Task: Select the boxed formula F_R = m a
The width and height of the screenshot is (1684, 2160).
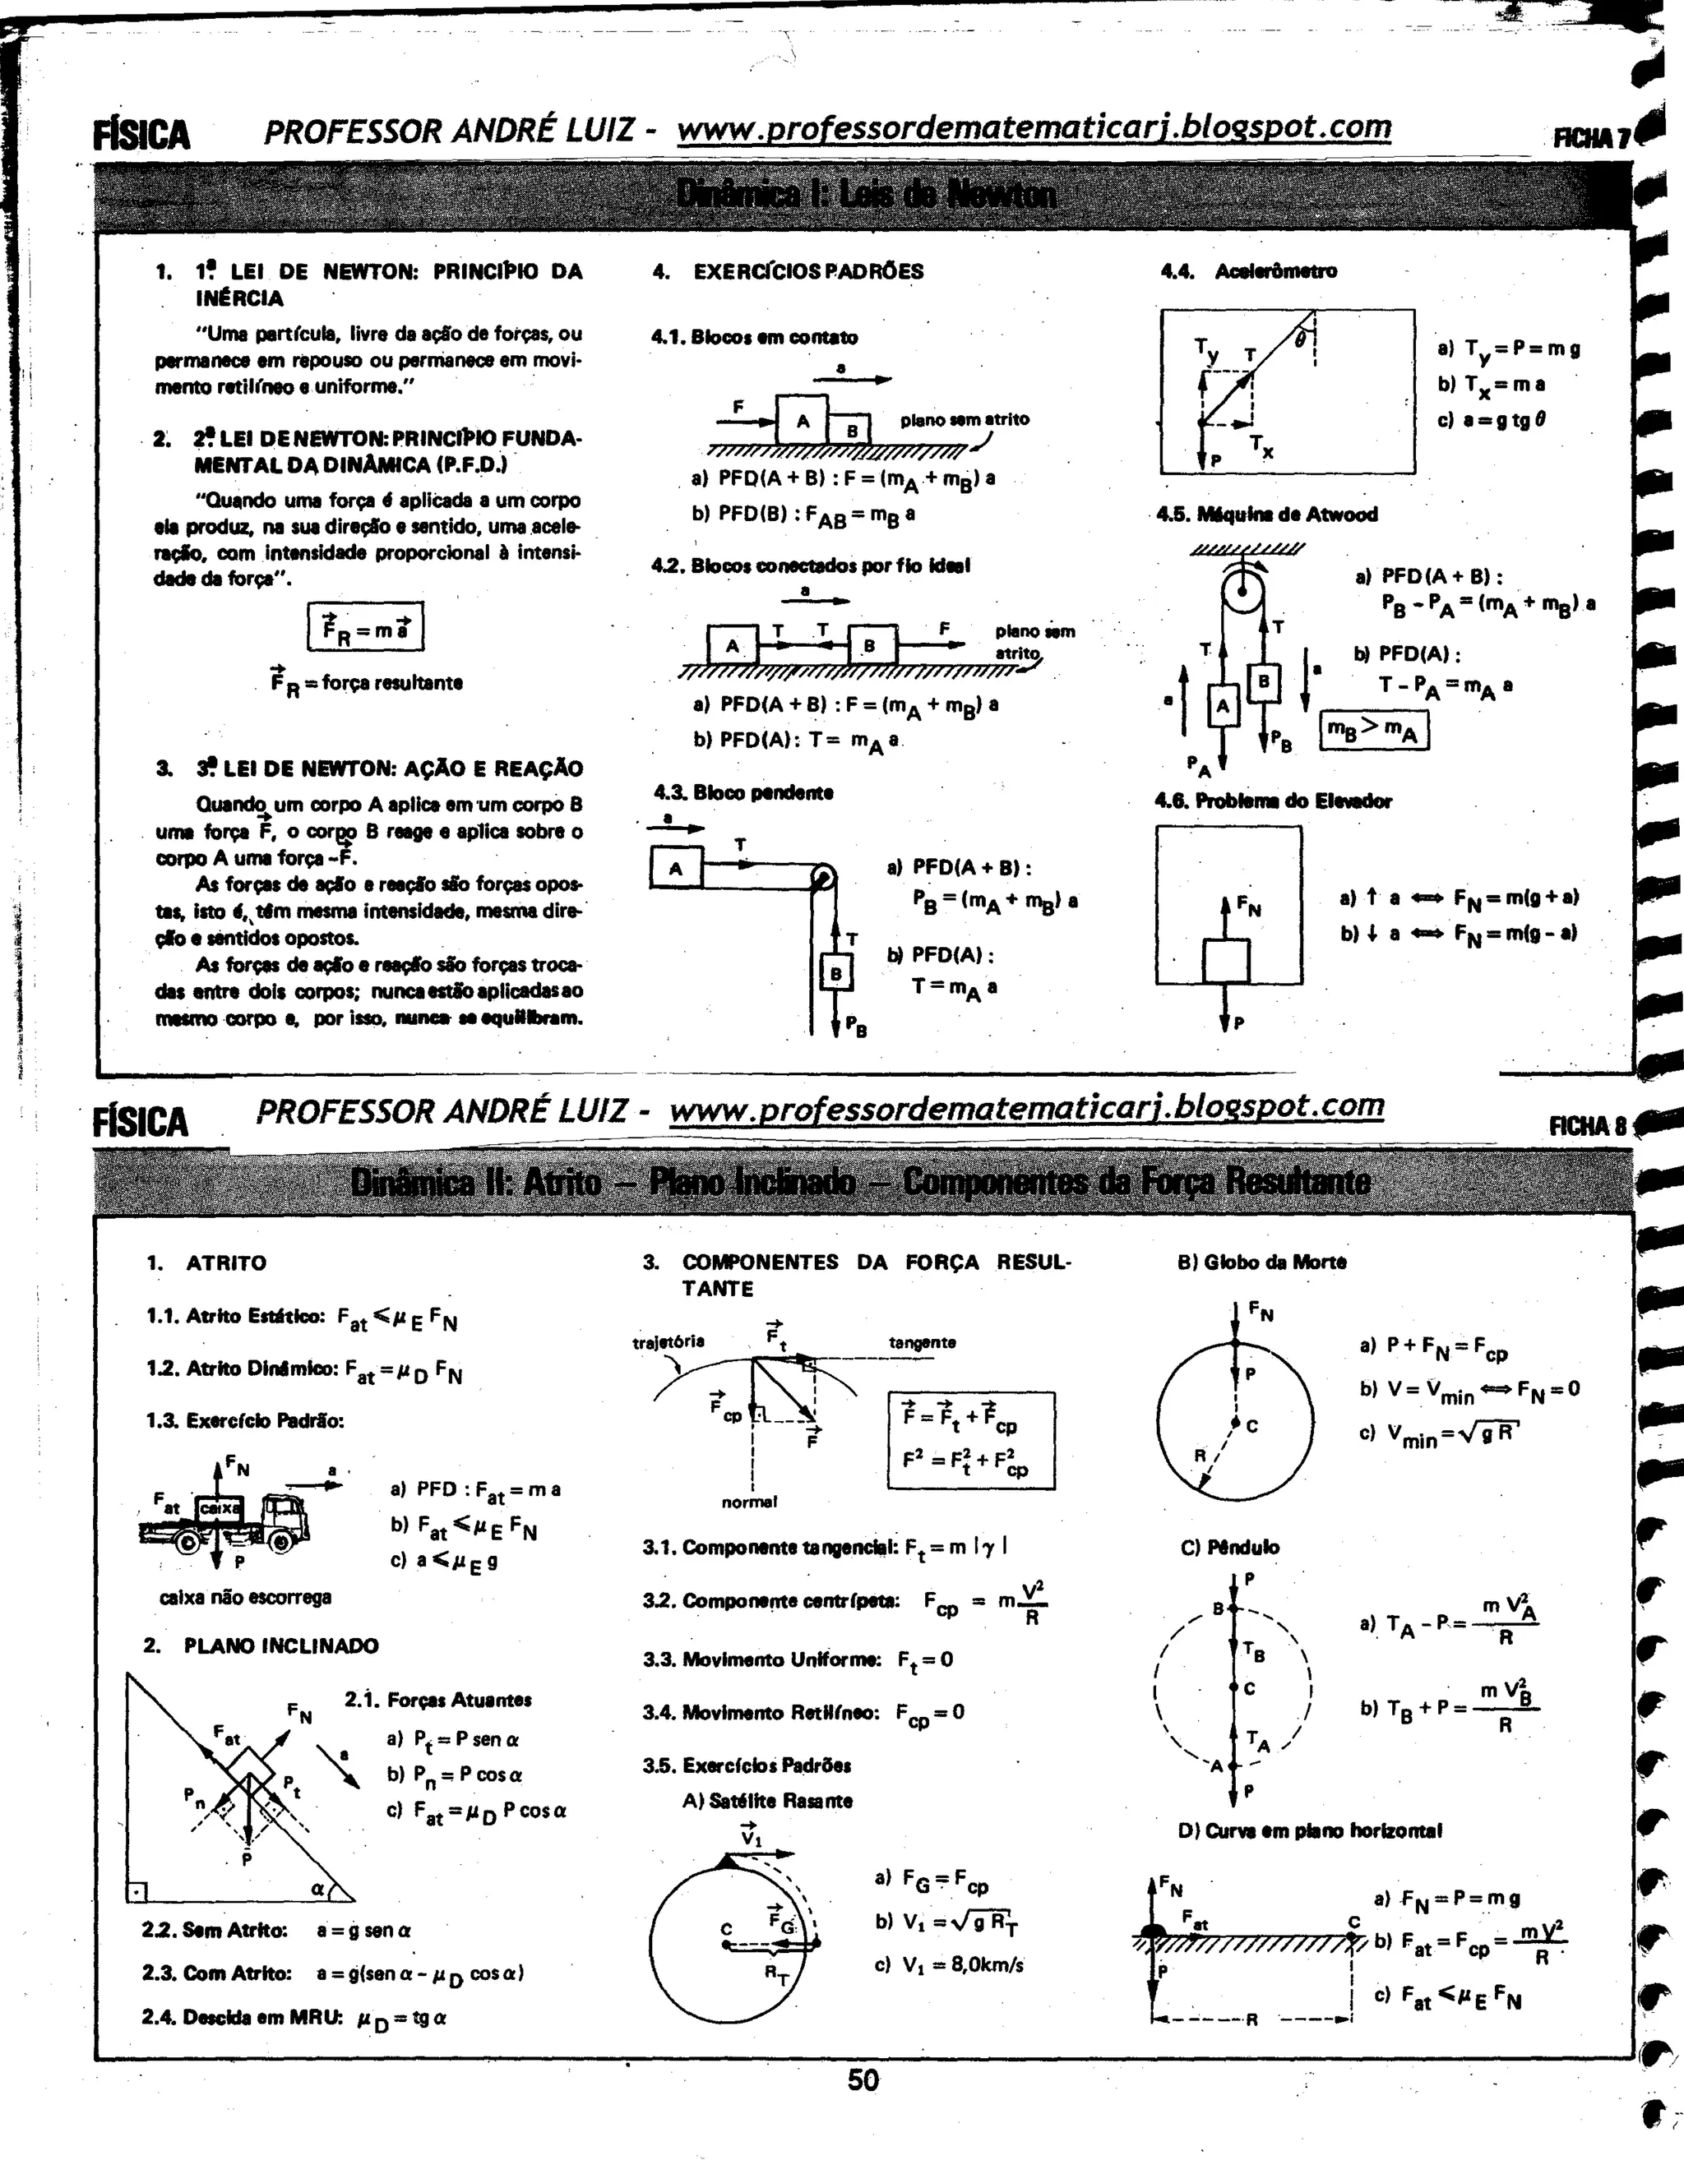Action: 366,627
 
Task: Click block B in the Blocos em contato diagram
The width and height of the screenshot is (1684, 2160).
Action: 851,430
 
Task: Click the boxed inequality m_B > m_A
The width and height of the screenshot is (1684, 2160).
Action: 1374,731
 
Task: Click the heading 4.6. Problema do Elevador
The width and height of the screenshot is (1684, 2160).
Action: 1275,801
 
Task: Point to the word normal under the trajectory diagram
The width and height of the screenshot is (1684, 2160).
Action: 749,1502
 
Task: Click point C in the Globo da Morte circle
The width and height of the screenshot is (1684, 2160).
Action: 1236,1424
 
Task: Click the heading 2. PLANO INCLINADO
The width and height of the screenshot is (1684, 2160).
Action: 261,1645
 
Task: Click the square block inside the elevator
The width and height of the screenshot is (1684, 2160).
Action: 1226,959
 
